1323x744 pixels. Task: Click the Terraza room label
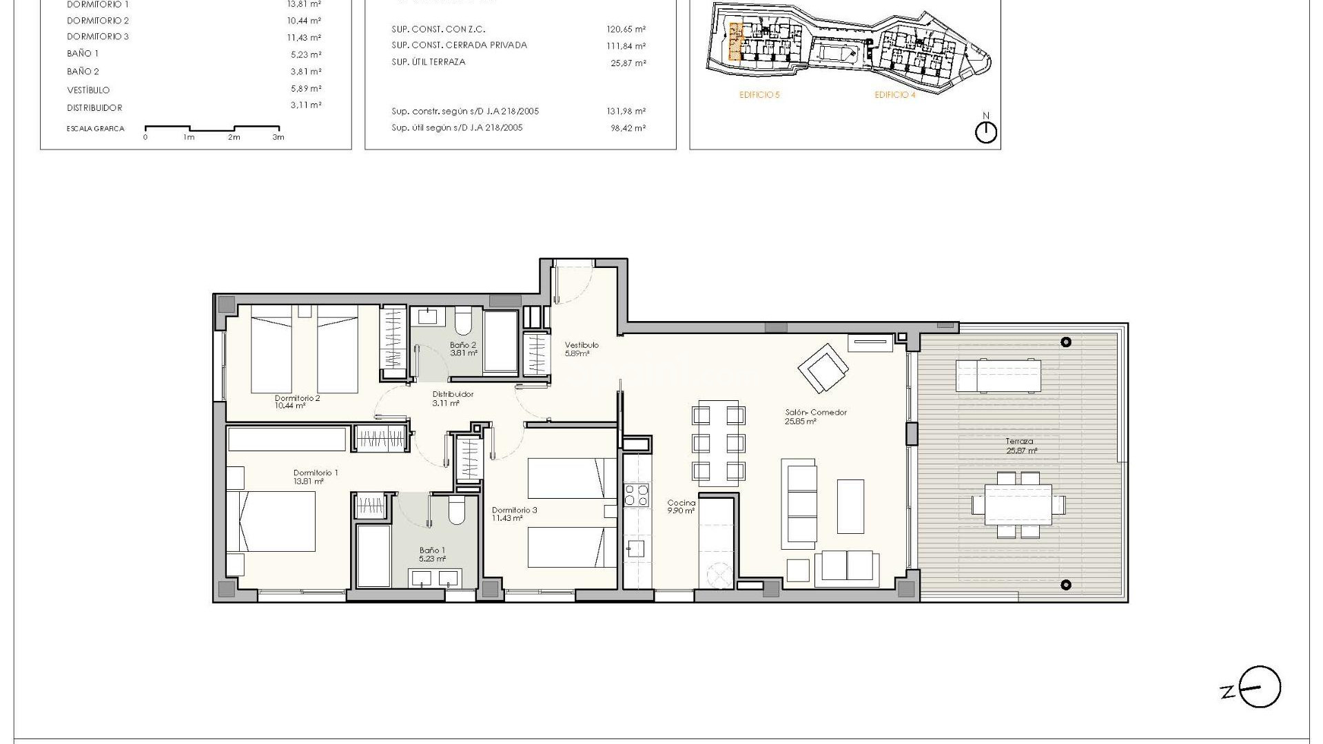(1018, 446)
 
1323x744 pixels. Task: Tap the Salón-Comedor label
(816, 416)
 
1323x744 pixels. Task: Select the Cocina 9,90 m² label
(681, 506)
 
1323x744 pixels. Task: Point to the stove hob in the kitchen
(636, 495)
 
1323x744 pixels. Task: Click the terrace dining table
(1018, 504)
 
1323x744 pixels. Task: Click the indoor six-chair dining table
(718, 442)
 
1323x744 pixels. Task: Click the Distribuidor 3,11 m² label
(452, 398)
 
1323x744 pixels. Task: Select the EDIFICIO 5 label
(759, 95)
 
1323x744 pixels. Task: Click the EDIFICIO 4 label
(895, 95)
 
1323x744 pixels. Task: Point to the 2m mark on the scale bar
(234, 137)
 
